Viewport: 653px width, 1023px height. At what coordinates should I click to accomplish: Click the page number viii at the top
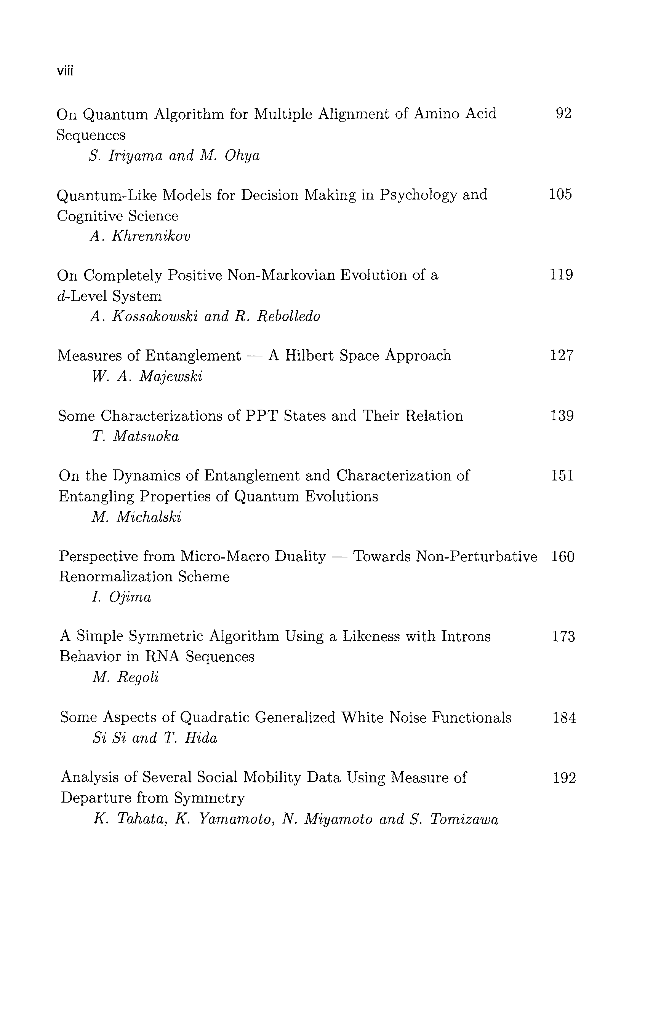(x=65, y=71)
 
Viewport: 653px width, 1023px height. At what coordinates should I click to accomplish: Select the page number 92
(x=564, y=113)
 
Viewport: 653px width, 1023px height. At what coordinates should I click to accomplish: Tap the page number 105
(x=561, y=194)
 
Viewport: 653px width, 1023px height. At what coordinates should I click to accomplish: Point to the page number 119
(x=562, y=275)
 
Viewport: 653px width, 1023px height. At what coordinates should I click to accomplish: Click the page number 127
(x=562, y=355)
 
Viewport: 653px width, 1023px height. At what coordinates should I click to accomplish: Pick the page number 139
(x=562, y=415)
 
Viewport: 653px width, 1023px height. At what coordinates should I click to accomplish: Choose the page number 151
(x=562, y=476)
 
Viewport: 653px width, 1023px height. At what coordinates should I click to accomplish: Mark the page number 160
(x=563, y=556)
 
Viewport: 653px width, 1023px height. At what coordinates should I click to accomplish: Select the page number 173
(x=563, y=637)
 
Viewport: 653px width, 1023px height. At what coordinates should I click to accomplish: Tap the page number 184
(x=564, y=718)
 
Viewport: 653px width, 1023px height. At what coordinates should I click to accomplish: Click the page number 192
(x=564, y=778)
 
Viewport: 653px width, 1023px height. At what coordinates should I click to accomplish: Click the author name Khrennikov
(x=151, y=236)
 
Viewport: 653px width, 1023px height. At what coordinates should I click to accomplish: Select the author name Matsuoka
(x=146, y=437)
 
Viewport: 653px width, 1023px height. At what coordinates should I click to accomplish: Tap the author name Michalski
(x=149, y=517)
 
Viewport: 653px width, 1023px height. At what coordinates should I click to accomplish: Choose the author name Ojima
(x=130, y=598)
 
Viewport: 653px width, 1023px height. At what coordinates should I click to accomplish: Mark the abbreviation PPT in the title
(x=261, y=415)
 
